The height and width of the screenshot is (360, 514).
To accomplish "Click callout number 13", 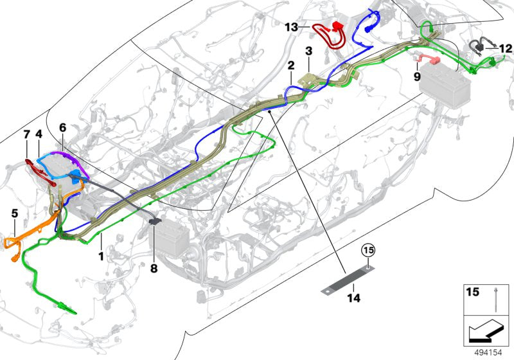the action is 291,27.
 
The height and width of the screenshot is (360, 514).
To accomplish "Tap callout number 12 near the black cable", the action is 505,48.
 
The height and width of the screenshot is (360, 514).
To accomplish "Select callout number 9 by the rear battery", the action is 416,76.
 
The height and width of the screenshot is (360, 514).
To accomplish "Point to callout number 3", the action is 308,51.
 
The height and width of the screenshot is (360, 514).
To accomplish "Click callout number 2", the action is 291,66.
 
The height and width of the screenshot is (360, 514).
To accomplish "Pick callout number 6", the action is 62,127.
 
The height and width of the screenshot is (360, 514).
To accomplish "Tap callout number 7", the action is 27,134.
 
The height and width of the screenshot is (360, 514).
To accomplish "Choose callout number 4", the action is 39,134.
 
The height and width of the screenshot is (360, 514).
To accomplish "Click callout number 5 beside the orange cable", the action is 15,213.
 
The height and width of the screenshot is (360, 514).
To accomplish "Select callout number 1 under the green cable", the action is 101,256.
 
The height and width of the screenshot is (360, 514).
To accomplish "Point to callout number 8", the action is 154,269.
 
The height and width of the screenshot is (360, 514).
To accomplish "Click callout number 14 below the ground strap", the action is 354,298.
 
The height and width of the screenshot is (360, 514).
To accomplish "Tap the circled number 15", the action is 368,251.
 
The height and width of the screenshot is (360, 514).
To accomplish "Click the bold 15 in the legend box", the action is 472,292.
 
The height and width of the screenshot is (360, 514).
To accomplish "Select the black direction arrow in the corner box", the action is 486,333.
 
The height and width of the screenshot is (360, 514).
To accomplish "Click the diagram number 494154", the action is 488,352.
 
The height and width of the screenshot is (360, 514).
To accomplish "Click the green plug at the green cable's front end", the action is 67,308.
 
